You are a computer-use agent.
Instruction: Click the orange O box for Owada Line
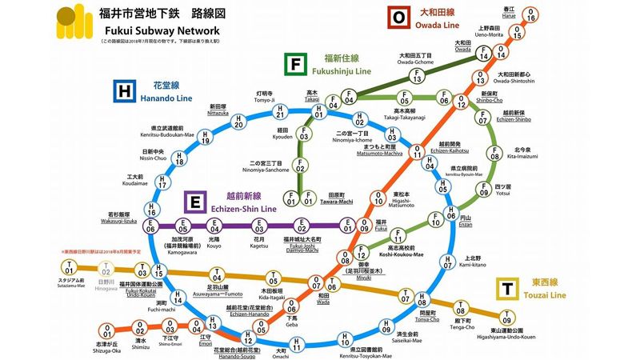coord(397,16)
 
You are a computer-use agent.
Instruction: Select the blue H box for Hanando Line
coord(123,92)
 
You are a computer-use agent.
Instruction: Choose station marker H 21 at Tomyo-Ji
coord(279,111)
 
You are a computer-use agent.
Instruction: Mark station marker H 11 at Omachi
coord(297,344)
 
